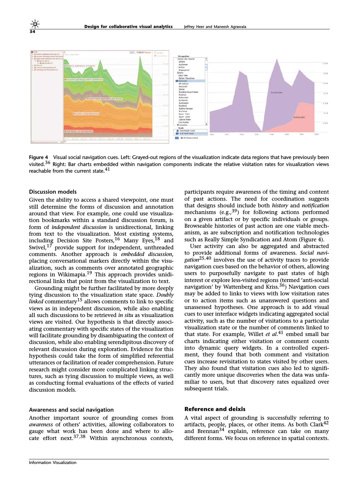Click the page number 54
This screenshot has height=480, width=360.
pyautogui.click(x=32, y=32)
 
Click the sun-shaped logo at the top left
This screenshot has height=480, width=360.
pyautogui.click(x=35, y=24)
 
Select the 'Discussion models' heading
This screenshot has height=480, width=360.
pyautogui.click(x=53, y=192)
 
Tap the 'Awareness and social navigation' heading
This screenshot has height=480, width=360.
pyautogui.click(x=71, y=410)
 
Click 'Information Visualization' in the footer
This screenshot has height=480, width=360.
pyautogui.click(x=53, y=462)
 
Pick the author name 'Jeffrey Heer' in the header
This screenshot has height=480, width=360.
pyautogui.click(x=194, y=27)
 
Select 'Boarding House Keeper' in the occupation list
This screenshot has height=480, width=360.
pyautogui.click(x=188, y=92)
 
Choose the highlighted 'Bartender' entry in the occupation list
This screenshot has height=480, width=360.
pyautogui.click(x=183, y=81)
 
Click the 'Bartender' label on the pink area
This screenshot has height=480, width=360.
pyautogui.click(x=299, y=117)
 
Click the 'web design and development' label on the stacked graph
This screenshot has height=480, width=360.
pyautogui.click(x=79, y=131)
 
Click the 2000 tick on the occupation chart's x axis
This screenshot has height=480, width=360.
pyautogui.click(x=316, y=134)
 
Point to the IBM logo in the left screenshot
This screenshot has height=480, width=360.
pyautogui.click(x=132, y=52)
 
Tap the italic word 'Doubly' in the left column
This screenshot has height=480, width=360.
pyautogui.click(x=165, y=295)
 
